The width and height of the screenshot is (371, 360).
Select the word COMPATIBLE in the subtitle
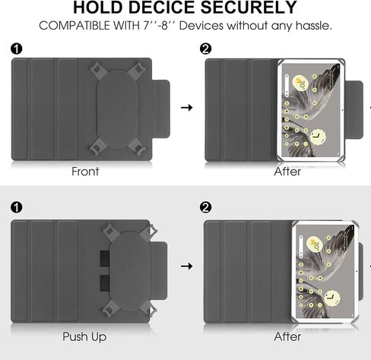click(x=75, y=26)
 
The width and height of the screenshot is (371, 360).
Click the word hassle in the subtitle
click(x=314, y=26)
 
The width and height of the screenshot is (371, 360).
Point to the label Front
click(x=85, y=172)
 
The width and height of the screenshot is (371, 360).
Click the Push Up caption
click(x=84, y=337)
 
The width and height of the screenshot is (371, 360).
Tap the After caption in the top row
click(x=287, y=172)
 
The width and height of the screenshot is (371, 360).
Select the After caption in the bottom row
click(x=287, y=336)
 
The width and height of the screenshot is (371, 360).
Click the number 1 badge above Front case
click(x=17, y=49)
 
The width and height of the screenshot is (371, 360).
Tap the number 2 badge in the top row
click(x=205, y=49)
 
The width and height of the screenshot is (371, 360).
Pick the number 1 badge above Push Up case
click(x=17, y=207)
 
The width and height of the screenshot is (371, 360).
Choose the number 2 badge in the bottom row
click(x=205, y=207)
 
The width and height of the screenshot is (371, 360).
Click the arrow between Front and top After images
click(x=187, y=108)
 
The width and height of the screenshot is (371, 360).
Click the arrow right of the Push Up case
click(x=187, y=266)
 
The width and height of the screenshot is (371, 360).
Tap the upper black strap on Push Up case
click(x=105, y=258)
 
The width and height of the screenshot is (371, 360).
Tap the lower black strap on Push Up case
click(x=105, y=283)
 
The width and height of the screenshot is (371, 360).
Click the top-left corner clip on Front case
click(x=97, y=68)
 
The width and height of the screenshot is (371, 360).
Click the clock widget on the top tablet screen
click(x=318, y=137)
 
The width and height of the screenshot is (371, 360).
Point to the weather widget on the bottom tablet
click(x=314, y=244)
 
